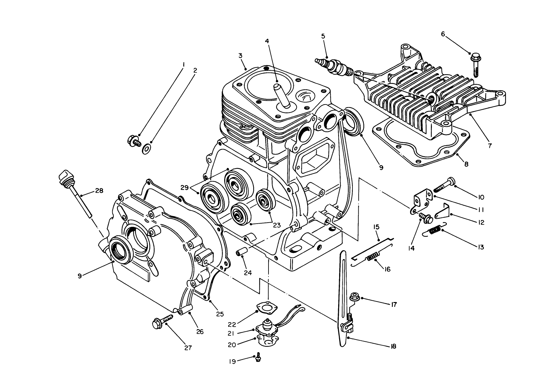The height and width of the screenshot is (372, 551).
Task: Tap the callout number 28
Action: coord(99,191)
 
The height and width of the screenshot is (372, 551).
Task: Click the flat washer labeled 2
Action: coord(147,149)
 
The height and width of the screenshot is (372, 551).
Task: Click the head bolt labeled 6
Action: coord(475,65)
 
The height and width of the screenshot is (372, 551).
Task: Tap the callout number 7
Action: coord(490,145)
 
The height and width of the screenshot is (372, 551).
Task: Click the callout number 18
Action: coord(393,347)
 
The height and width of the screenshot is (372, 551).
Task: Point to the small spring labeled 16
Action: coord(372,256)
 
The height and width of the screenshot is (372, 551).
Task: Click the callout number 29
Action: coord(185,187)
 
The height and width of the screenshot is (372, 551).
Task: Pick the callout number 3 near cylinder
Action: coord(240,56)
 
